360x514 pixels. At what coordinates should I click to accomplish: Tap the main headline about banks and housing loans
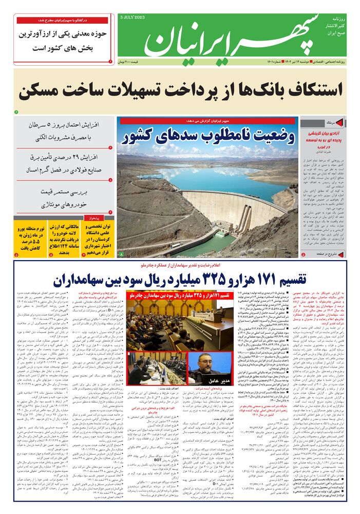(180, 91)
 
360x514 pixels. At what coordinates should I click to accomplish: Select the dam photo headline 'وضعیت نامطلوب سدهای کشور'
(207, 138)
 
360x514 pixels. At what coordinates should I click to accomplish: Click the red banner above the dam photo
(207, 121)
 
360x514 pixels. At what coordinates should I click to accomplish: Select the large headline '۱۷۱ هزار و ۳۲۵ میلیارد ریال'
(180, 280)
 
